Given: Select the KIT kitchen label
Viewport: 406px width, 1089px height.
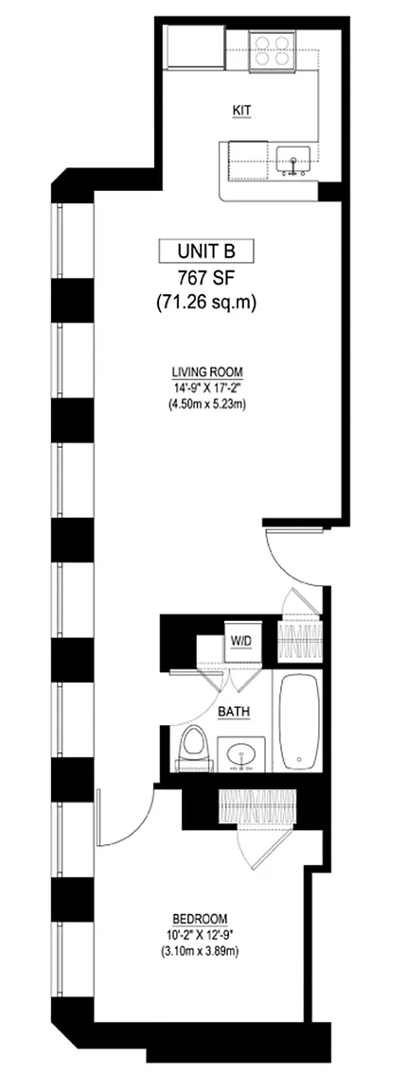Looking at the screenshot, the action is coord(241,111).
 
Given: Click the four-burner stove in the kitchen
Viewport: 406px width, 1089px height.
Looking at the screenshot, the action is coord(271,51).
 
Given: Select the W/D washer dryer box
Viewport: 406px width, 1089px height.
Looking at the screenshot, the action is coord(241,641).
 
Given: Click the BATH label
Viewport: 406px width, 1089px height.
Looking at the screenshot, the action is coord(234,712).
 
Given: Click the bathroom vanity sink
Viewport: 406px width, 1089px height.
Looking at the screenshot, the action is coord(243,755).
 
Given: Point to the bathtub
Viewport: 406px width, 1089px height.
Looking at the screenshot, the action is coord(298,720).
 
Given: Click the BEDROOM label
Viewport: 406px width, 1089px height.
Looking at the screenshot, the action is coord(203,918).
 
